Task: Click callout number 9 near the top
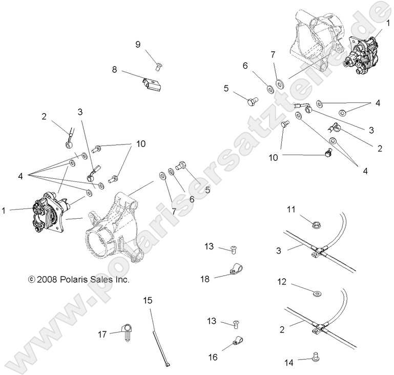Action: click(x=138, y=45)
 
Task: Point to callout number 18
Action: click(x=205, y=278)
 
